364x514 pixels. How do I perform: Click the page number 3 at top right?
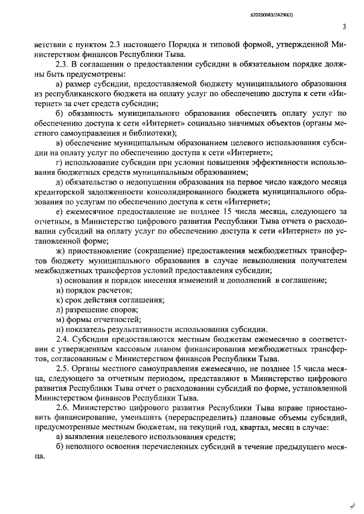345,27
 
